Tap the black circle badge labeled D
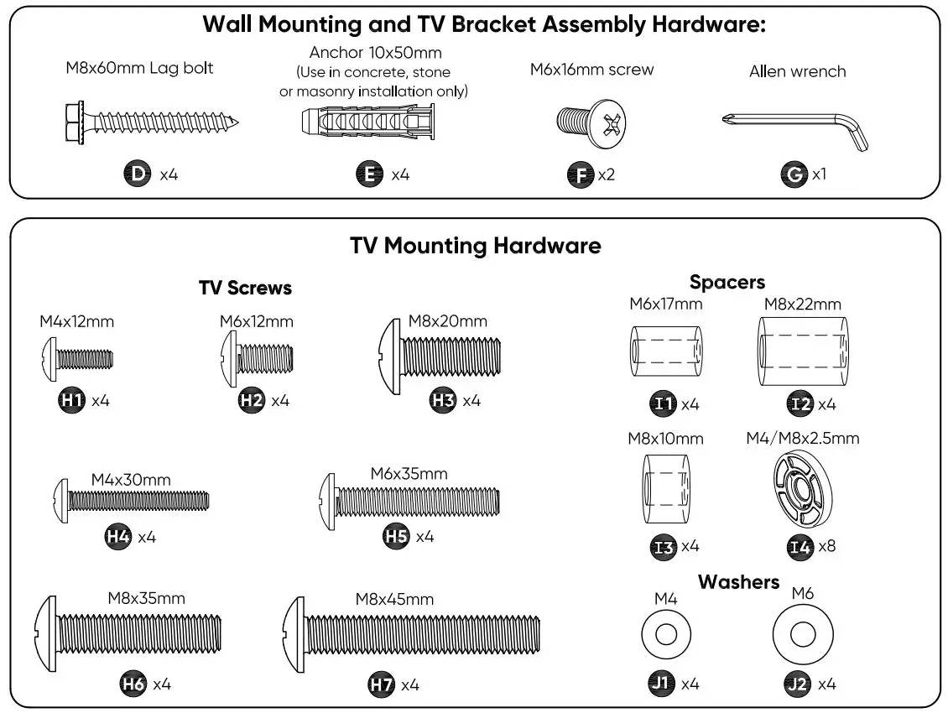tap(136, 174)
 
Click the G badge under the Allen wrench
tap(793, 175)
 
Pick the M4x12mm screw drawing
tap(76, 360)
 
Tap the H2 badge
tap(252, 400)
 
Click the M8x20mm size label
tap(447, 321)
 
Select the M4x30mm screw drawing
tap(131, 501)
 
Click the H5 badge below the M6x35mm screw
tap(396, 536)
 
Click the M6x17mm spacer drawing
tap(665, 351)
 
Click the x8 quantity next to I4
tap(827, 546)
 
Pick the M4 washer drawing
tap(666, 633)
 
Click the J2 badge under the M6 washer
tap(798, 684)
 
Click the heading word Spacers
tap(727, 282)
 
